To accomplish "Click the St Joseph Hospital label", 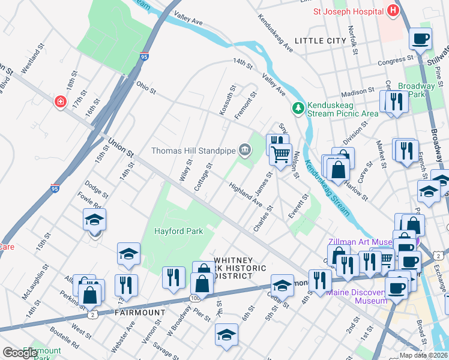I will [x=348, y=10].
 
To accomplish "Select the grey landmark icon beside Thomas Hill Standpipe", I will [x=244, y=149].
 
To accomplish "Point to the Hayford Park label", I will [x=179, y=231].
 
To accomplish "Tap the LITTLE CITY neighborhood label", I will [x=321, y=41].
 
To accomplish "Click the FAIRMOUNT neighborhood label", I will [x=140, y=313].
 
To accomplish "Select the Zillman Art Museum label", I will [x=360, y=242].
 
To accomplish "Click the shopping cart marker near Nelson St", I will [x=280, y=155].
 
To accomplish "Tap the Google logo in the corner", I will [x=19, y=353].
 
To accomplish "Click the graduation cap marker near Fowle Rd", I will [x=95, y=220].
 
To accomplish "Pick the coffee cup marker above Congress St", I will [x=421, y=38].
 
